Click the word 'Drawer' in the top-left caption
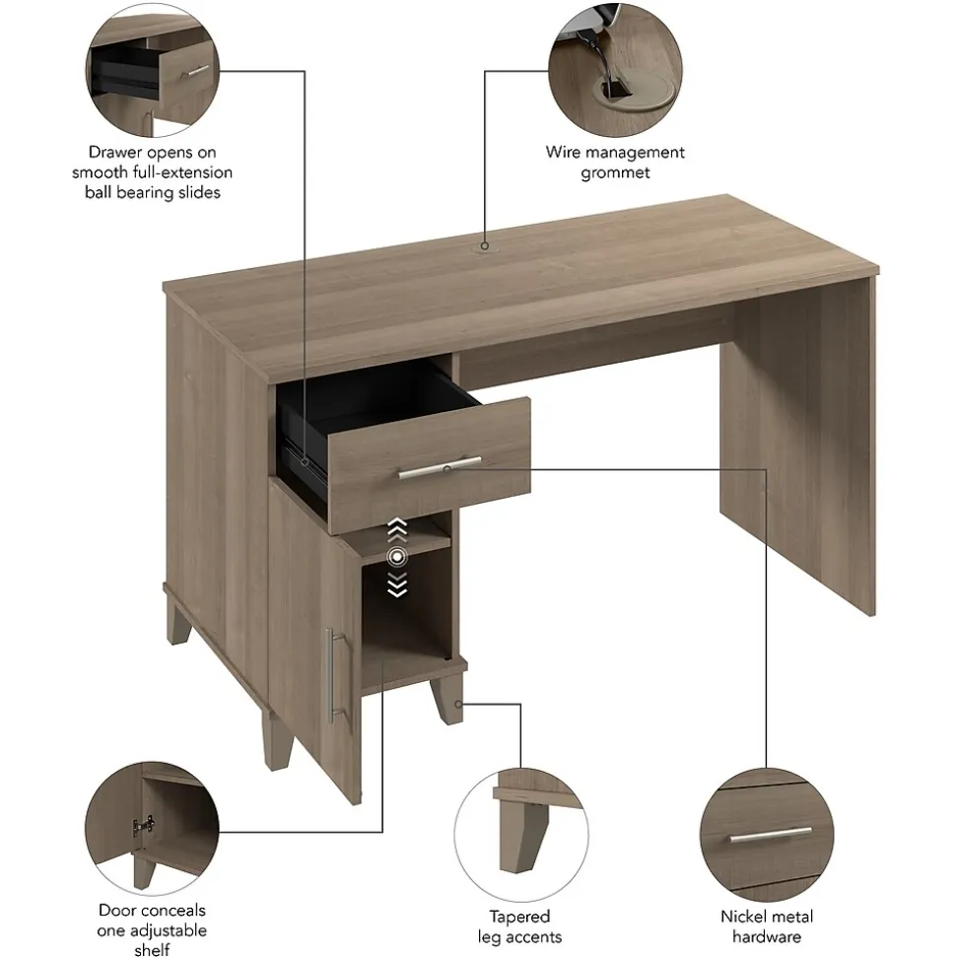click(x=115, y=152)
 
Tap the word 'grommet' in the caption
click(x=615, y=172)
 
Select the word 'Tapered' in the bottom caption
click(x=519, y=917)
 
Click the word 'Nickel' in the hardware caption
click(x=743, y=917)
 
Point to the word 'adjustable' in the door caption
click(x=152, y=930)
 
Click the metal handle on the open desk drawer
click(x=440, y=467)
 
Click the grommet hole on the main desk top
click(x=485, y=246)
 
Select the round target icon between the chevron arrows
click(x=397, y=557)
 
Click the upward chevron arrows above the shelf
click(x=397, y=530)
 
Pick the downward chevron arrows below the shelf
click(x=397, y=584)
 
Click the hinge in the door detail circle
click(x=143, y=826)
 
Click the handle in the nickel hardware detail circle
click(x=771, y=835)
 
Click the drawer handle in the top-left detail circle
click(x=195, y=71)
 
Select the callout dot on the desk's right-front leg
click(x=458, y=705)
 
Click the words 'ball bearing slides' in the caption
click(x=153, y=193)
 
